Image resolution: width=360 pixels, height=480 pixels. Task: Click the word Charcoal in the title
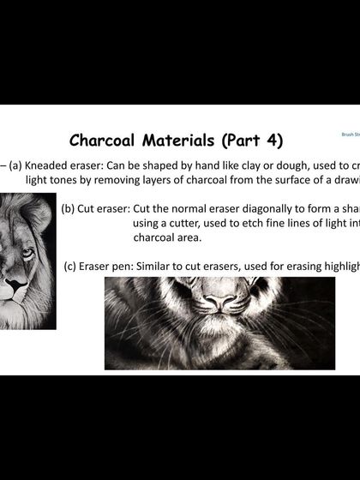point(104,139)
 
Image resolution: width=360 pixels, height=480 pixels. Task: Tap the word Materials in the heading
point(180,139)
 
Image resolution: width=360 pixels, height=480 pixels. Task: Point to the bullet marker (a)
point(16,165)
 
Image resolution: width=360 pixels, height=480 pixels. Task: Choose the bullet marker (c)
point(72,266)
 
